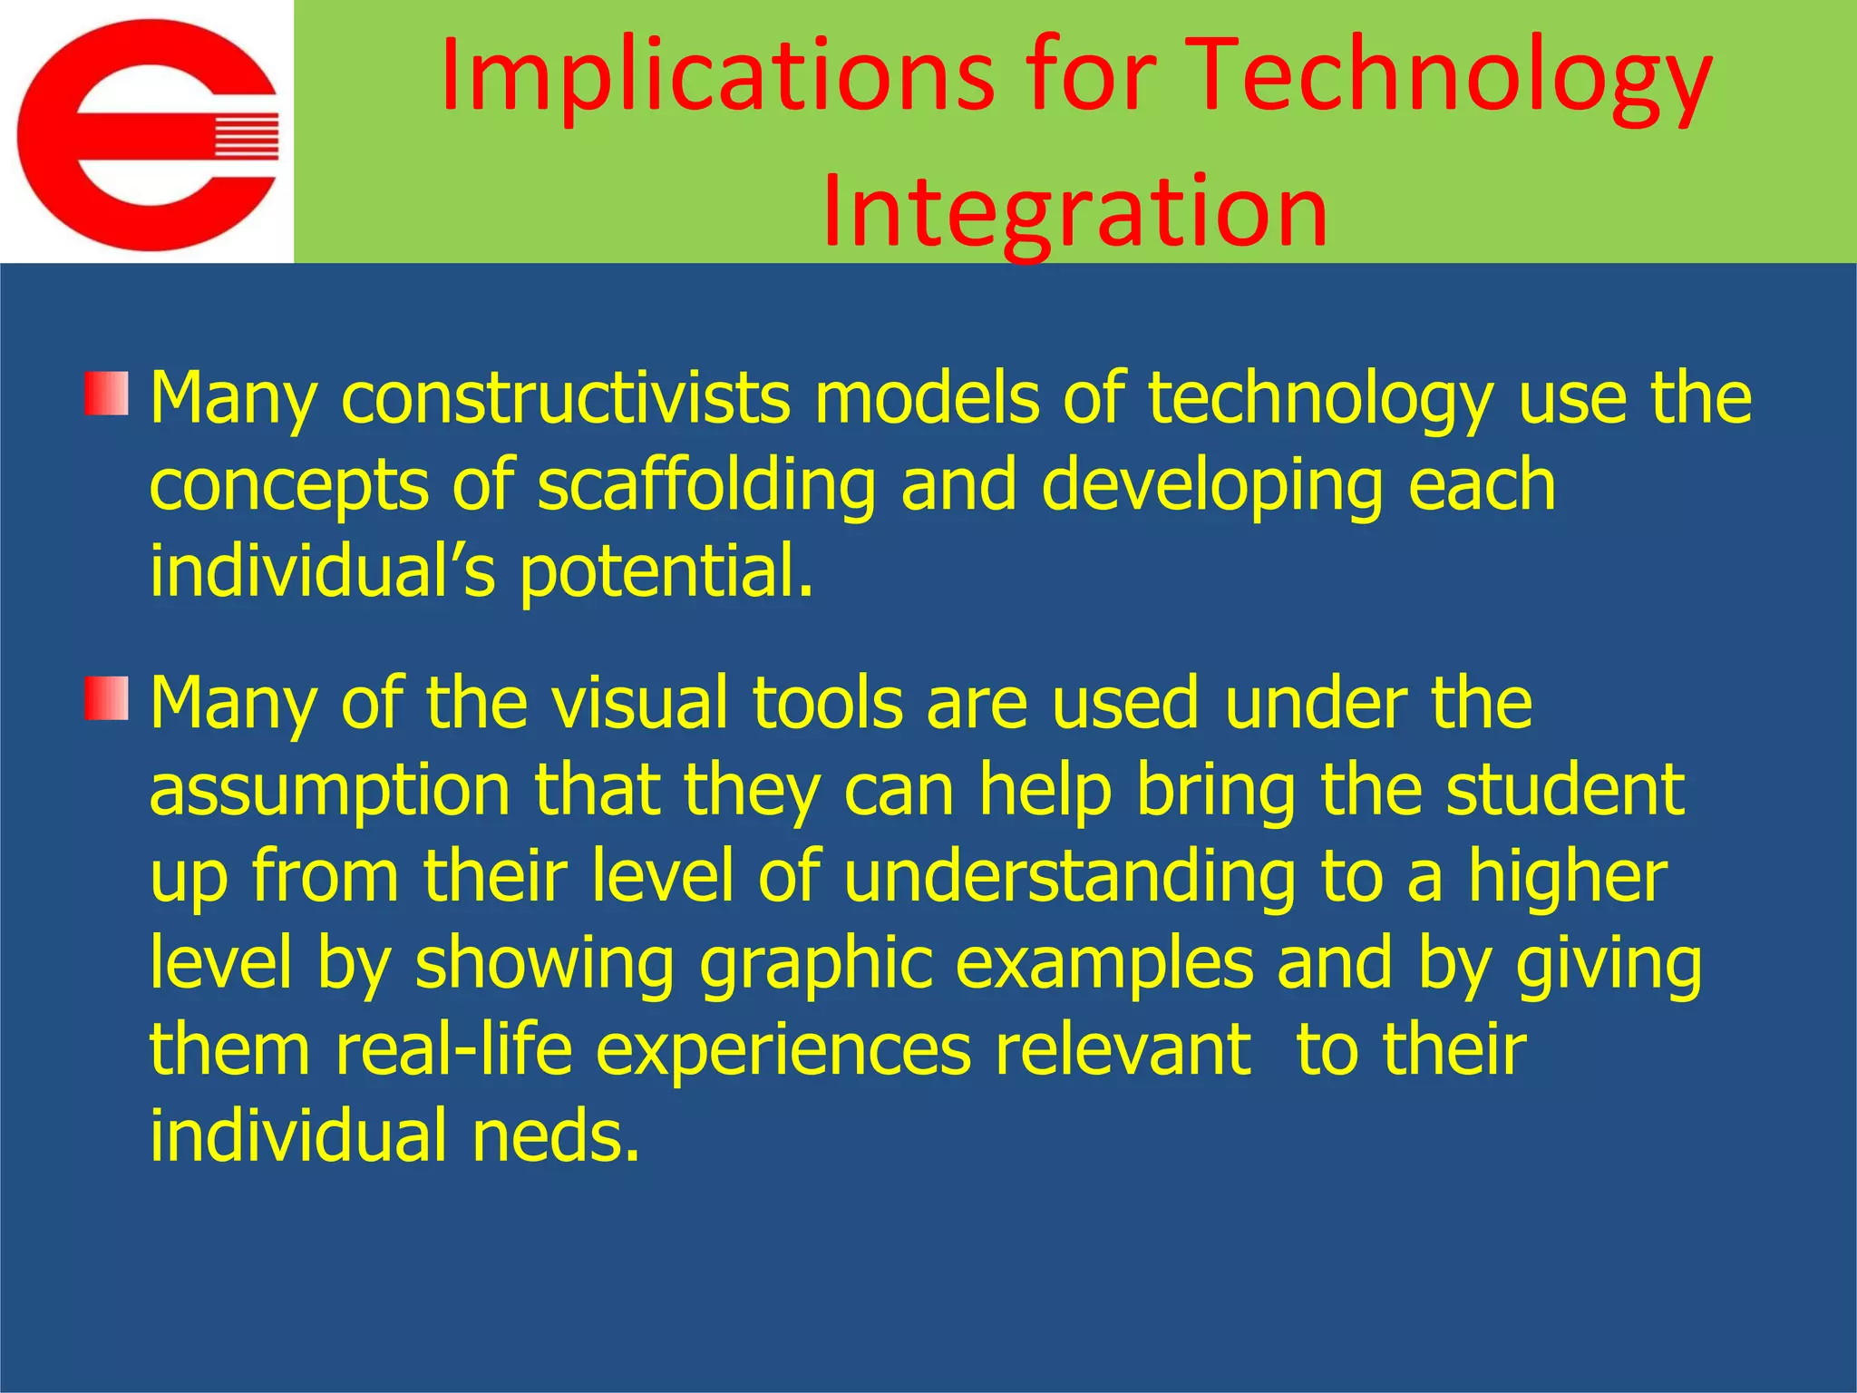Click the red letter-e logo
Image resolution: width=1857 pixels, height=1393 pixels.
coord(147,134)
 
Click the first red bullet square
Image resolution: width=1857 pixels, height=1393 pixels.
coord(106,394)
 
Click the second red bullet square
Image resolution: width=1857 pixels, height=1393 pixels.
coord(106,698)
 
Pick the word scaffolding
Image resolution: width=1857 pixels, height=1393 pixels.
coord(707,484)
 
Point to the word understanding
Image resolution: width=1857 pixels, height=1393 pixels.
coord(1070,876)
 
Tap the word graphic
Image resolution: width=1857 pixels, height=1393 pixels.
coord(816,963)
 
